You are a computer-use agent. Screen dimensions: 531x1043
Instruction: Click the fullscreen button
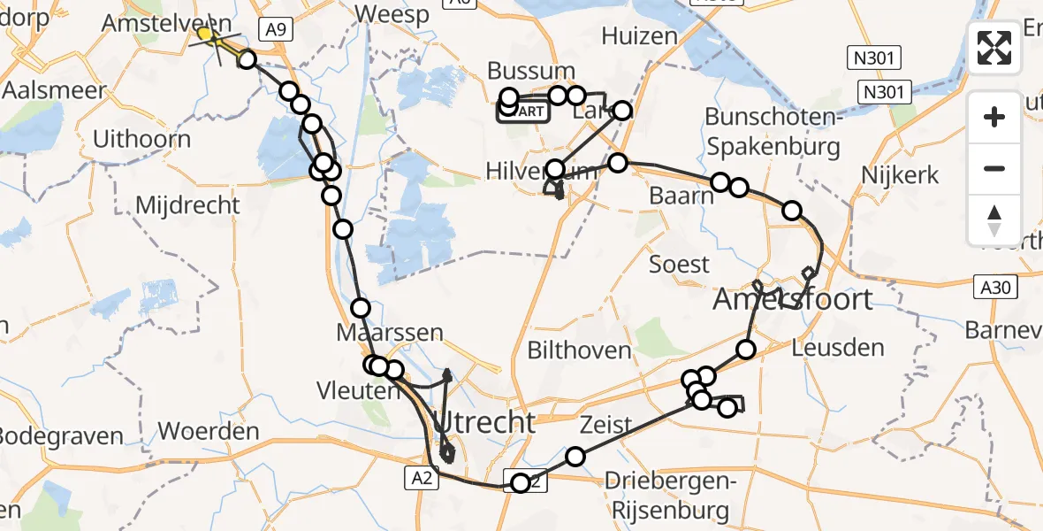(x=994, y=48)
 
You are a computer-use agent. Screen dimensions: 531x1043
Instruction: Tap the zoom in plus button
(x=994, y=117)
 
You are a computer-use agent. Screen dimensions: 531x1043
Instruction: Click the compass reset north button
(x=994, y=220)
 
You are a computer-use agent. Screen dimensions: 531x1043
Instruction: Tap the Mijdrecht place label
(x=187, y=206)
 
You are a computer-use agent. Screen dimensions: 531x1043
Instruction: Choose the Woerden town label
(x=208, y=432)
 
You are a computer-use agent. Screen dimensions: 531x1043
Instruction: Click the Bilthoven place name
(x=579, y=350)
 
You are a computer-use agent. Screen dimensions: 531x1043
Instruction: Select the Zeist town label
(x=605, y=426)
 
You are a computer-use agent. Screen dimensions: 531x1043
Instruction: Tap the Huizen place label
(x=639, y=36)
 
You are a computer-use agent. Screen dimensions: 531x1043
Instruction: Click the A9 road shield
(x=276, y=29)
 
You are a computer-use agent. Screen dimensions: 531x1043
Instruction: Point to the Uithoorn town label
(x=141, y=139)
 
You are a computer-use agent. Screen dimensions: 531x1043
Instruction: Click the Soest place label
(x=679, y=264)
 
